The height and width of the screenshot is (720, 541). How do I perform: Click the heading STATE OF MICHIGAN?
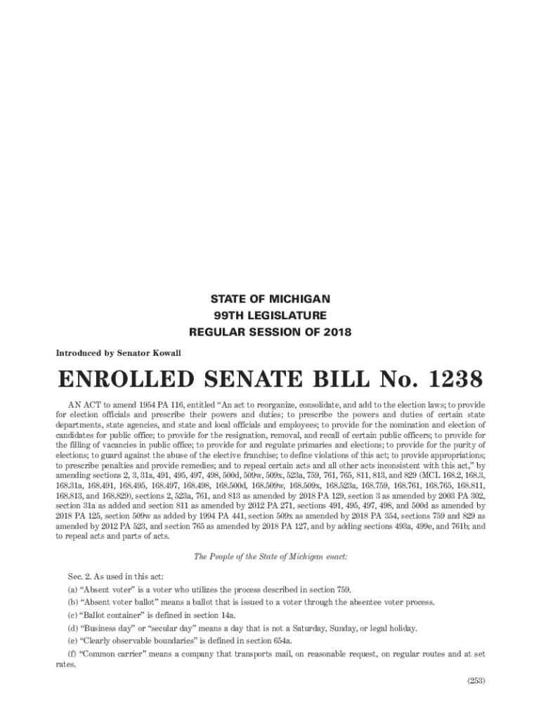pos(270,299)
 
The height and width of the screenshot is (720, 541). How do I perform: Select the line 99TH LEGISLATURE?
pos(270,315)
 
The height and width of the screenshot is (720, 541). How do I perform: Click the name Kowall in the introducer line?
pos(165,352)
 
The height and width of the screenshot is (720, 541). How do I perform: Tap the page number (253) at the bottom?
pos(476,680)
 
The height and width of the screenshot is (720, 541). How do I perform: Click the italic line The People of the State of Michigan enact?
pos(270,557)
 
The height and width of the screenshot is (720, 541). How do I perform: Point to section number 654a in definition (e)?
pos(280,641)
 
